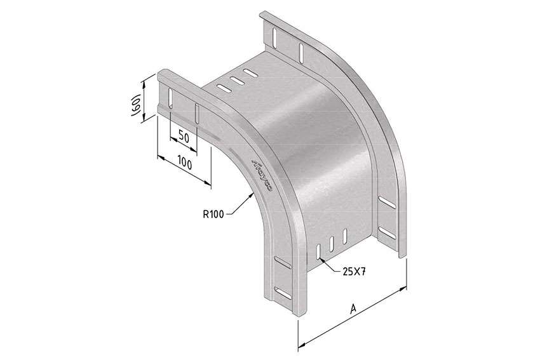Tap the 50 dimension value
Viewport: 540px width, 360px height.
tap(184, 136)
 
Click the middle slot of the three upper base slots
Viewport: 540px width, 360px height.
tap(238, 81)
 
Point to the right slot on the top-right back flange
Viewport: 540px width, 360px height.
tap(300, 50)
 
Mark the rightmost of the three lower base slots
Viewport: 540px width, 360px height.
tap(344, 237)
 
